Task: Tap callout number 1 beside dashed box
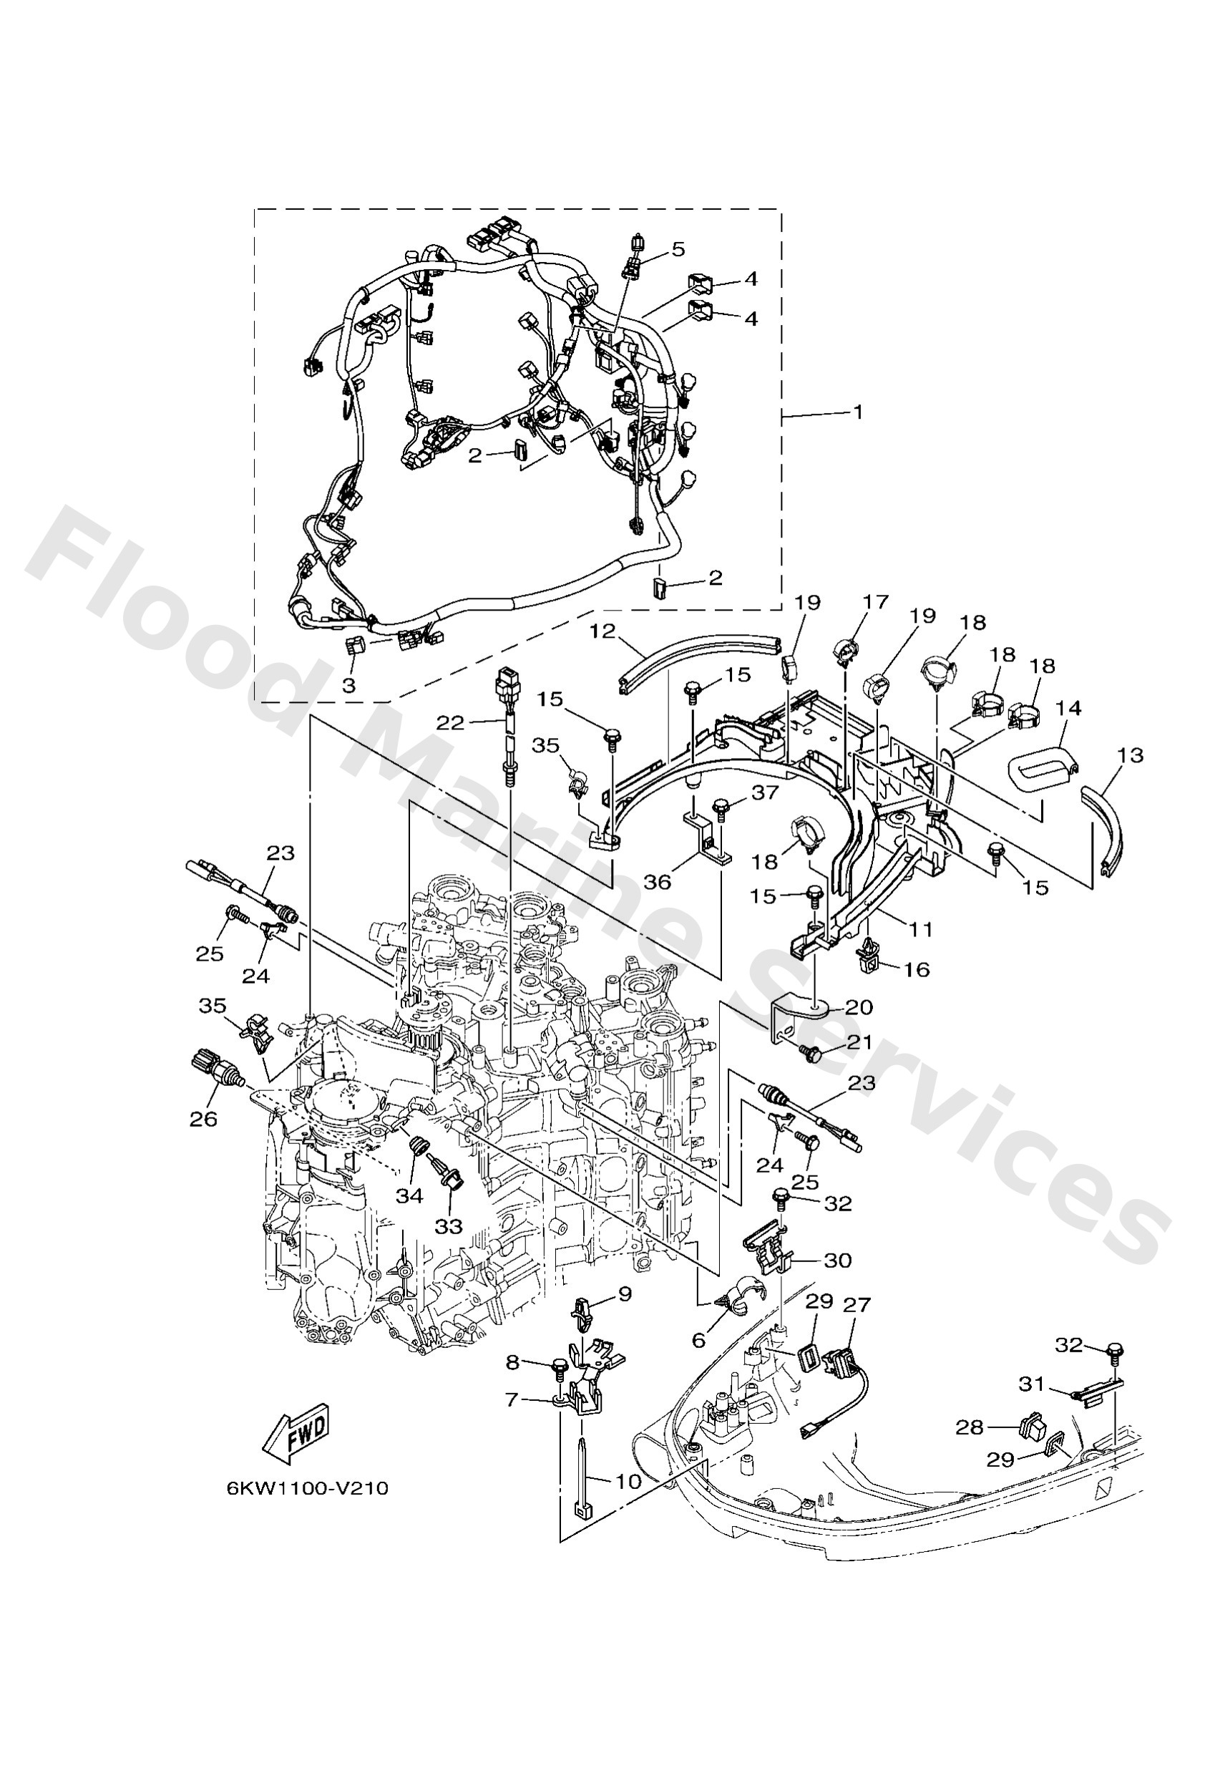click(857, 412)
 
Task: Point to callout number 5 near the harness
click(678, 249)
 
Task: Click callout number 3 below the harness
click(348, 686)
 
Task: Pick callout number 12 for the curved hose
click(602, 631)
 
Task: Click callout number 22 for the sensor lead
click(449, 722)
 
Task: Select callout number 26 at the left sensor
click(203, 1119)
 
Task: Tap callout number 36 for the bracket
click(657, 882)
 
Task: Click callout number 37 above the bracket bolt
click(766, 792)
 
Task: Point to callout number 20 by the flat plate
click(858, 1007)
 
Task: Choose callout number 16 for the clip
click(917, 970)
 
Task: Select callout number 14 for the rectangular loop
click(1068, 709)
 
